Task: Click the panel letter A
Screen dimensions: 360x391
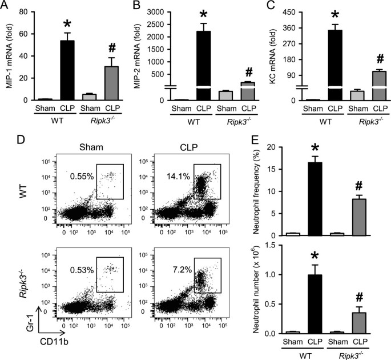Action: click(x=6, y=7)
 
